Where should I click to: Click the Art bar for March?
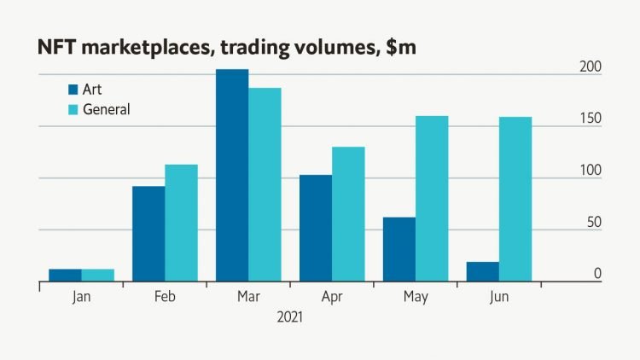pos(232,176)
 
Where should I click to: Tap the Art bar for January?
pos(65,275)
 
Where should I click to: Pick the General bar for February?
pos(181,223)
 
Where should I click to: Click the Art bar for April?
pos(316,228)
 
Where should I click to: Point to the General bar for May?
pos(432,199)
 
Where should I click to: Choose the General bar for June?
pos(515,200)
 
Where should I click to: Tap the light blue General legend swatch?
pos(73,109)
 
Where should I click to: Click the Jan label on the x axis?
pos(81,297)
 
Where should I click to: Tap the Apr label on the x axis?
pos(332,297)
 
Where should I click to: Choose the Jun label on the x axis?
pos(499,297)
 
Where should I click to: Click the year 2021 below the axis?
pos(290,316)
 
